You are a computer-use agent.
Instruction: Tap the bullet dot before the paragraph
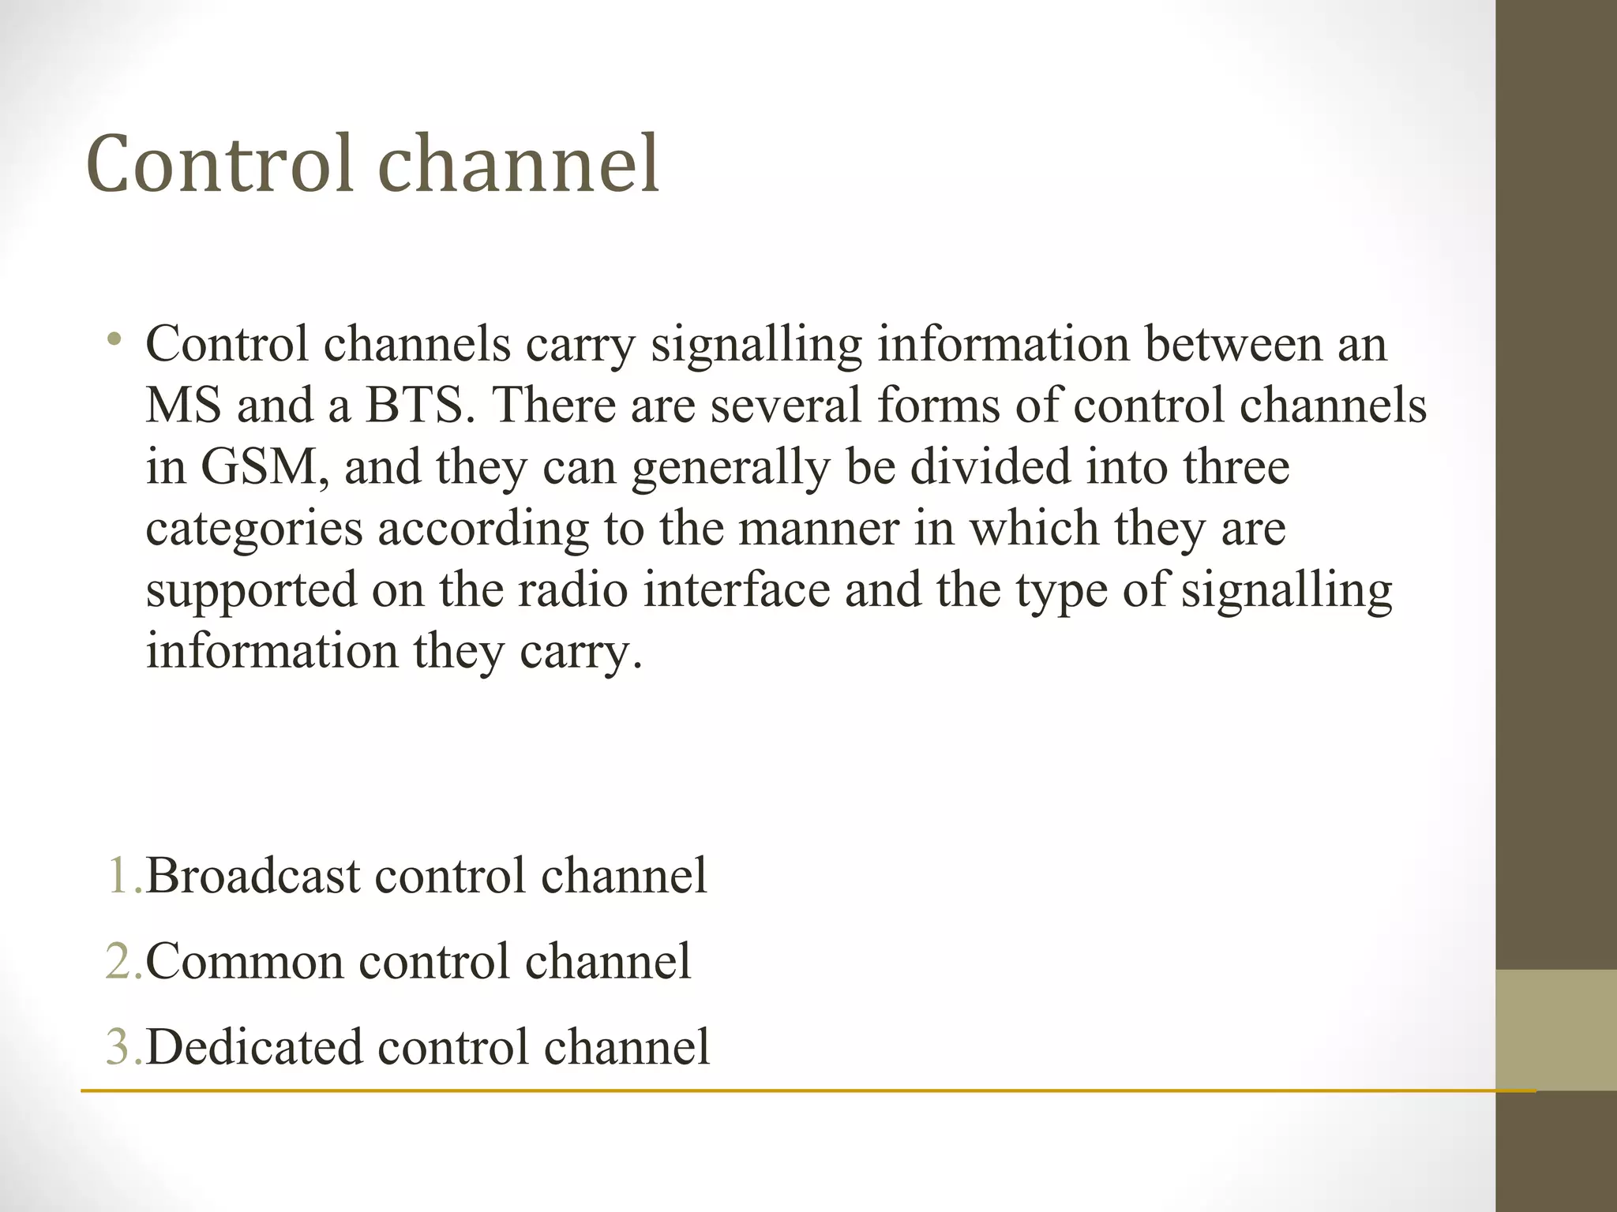pos(115,341)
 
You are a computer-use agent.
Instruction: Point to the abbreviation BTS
pos(414,406)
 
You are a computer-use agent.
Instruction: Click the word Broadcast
pos(253,876)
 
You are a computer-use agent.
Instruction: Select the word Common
pos(245,961)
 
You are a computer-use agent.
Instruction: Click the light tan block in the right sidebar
pos(1556,1030)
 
